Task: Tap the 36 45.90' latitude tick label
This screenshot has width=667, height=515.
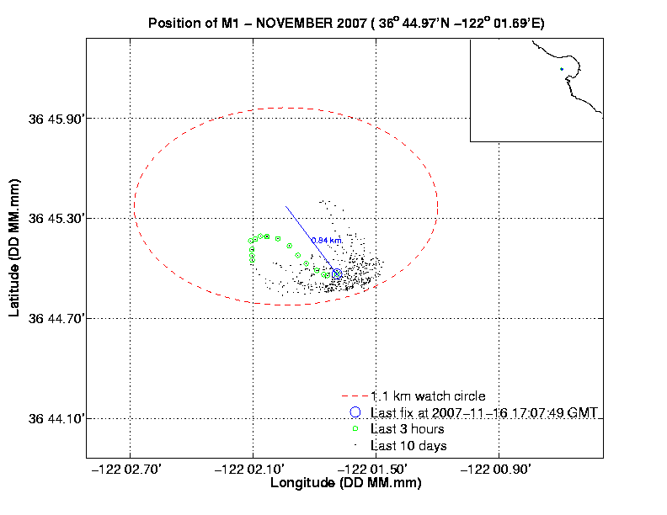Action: click(57, 119)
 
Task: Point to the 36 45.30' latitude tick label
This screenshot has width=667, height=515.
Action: click(57, 219)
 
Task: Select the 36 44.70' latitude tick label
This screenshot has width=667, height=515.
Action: click(57, 319)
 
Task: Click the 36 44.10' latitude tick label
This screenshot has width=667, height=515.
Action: click(57, 419)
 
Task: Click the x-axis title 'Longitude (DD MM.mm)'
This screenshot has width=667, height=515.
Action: click(345, 484)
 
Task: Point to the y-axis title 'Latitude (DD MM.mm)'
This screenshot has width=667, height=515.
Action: click(14, 246)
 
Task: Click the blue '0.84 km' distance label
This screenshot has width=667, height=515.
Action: click(327, 241)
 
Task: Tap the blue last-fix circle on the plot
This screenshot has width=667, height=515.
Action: click(337, 273)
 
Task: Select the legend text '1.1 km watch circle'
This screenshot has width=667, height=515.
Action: click(428, 396)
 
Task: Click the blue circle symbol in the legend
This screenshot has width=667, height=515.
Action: click(355, 412)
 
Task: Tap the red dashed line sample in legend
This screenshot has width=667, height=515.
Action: click(354, 396)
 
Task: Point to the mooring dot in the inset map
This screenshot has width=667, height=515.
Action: click(561, 69)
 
